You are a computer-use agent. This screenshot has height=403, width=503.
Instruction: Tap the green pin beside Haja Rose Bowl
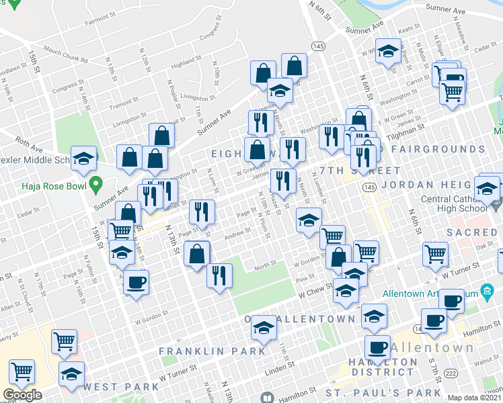pyautogui.click(x=96, y=182)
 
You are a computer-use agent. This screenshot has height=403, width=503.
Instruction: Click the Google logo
pyautogui.click(x=22, y=395)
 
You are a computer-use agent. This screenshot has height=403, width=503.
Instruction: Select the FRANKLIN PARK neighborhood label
pyautogui.click(x=212, y=351)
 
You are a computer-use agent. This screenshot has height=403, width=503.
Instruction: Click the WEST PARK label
pyautogui.click(x=122, y=386)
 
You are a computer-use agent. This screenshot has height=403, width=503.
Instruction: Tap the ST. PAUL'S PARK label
pyautogui.click(x=383, y=392)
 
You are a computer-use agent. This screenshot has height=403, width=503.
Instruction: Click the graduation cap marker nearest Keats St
pyautogui.click(x=387, y=51)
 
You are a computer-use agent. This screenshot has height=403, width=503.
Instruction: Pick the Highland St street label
pyautogui.click(x=182, y=64)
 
